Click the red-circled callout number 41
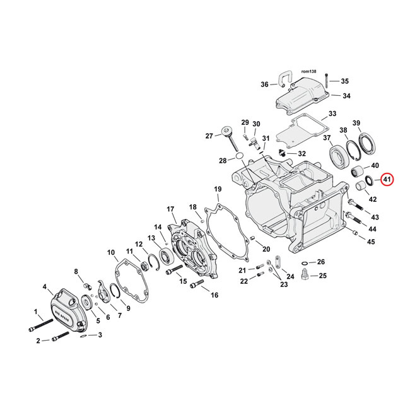click(x=386, y=180)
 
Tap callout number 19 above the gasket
click(x=218, y=189)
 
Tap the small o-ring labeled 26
click(x=305, y=262)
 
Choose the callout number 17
click(x=170, y=209)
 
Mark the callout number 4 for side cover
click(x=45, y=287)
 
